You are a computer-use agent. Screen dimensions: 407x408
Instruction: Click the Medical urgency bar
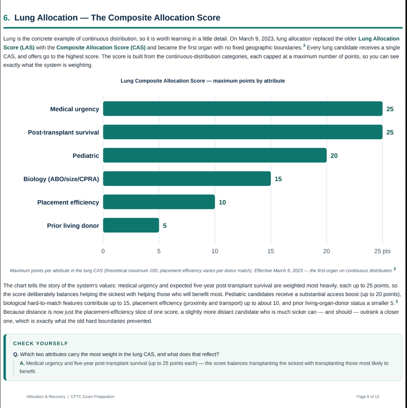click(x=243, y=109)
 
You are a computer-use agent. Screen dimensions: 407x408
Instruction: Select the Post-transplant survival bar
click(x=243, y=132)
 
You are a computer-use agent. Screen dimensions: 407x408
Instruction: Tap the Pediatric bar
click(x=215, y=155)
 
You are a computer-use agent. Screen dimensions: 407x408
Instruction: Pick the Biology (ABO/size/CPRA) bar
click(x=187, y=179)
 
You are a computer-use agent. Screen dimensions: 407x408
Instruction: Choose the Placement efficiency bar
click(x=159, y=202)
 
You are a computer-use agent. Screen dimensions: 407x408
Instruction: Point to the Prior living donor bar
click(x=131, y=225)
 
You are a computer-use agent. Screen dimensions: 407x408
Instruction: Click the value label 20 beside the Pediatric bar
click(x=334, y=156)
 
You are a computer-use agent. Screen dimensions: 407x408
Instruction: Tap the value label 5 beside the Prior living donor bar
click(x=165, y=225)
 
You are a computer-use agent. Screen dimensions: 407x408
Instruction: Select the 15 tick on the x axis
click(x=270, y=251)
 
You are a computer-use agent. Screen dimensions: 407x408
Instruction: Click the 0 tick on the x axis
click(x=103, y=251)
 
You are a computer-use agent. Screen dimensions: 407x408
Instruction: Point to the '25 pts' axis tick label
click(x=382, y=251)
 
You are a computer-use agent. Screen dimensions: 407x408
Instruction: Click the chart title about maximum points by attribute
click(x=203, y=81)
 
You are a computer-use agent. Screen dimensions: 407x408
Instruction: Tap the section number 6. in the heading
click(x=7, y=18)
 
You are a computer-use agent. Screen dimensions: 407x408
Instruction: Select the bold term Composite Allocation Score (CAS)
click(x=101, y=47)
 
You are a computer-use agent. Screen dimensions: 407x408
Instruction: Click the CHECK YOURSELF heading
click(x=41, y=344)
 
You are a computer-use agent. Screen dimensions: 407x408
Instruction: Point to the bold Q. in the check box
click(x=16, y=354)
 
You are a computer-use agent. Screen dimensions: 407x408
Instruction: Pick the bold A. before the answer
click(x=22, y=363)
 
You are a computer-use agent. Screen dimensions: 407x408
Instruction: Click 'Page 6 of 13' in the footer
click(x=368, y=396)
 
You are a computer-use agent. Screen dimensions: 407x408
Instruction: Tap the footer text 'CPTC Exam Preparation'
click(x=93, y=396)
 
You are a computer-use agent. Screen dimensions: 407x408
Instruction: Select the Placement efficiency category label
click(x=68, y=202)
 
